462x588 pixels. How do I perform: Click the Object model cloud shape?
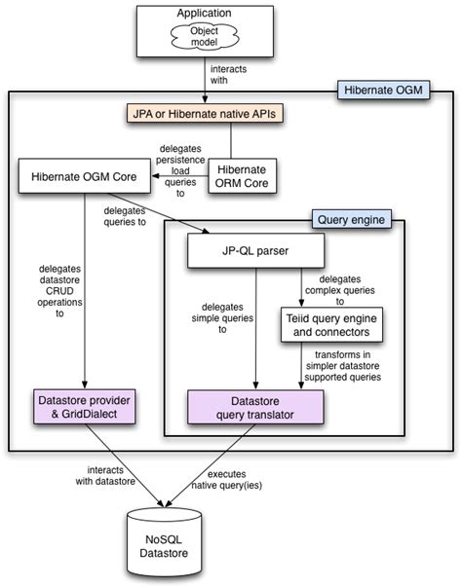(x=205, y=36)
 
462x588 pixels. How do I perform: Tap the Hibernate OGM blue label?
(x=383, y=90)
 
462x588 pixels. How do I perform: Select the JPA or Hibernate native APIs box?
(x=205, y=114)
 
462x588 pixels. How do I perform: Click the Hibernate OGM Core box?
(x=85, y=176)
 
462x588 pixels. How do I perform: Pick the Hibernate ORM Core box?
(x=242, y=176)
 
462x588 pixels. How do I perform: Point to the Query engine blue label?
(x=351, y=219)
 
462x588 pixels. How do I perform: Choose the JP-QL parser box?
(x=255, y=251)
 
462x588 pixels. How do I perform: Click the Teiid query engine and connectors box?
(x=331, y=325)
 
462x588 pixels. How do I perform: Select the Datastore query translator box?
(x=255, y=407)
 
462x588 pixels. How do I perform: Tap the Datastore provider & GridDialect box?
(x=85, y=407)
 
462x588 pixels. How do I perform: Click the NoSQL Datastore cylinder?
(x=164, y=542)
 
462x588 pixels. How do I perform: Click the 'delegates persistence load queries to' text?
(x=180, y=171)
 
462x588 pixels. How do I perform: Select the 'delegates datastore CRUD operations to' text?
(x=59, y=291)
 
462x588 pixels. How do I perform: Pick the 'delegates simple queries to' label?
(x=222, y=318)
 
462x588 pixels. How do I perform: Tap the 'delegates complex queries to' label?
(x=339, y=290)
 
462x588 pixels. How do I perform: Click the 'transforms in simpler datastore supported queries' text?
(x=343, y=366)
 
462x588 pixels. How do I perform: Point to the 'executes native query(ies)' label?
(x=227, y=480)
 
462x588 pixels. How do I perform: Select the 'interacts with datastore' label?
(x=105, y=475)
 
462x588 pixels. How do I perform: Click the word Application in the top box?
(x=204, y=13)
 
